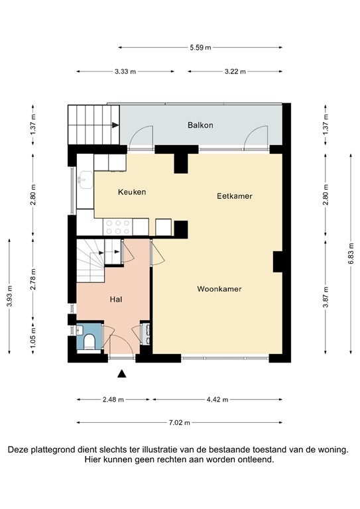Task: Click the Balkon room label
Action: (200, 125)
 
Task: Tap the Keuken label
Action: (131, 192)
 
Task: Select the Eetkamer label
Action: (235, 196)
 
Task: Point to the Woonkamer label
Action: (219, 289)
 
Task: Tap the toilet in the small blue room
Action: (89, 341)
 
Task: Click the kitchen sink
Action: (85, 178)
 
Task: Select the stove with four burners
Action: (118, 227)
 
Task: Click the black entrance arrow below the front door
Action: (121, 374)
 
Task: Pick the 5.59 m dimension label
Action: (200, 48)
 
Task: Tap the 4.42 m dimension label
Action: (217, 400)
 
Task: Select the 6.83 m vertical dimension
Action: (350, 253)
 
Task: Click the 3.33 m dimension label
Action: (125, 72)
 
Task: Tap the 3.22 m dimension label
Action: (235, 72)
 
